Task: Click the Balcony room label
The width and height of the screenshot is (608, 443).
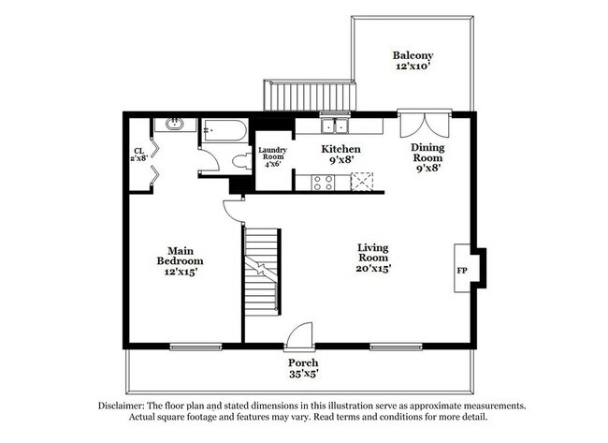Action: tap(413, 62)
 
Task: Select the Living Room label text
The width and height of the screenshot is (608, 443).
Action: tap(373, 257)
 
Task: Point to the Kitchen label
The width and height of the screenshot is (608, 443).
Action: tap(341, 155)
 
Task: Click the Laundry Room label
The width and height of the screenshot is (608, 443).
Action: tap(272, 155)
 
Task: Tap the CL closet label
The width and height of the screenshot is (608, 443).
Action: tap(138, 155)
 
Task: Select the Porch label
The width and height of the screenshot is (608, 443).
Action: tap(303, 368)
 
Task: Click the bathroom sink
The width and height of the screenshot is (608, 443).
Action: tap(174, 124)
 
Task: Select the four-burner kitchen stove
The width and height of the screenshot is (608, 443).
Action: tap(323, 183)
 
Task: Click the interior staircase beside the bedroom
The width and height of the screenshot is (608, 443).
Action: tap(262, 272)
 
